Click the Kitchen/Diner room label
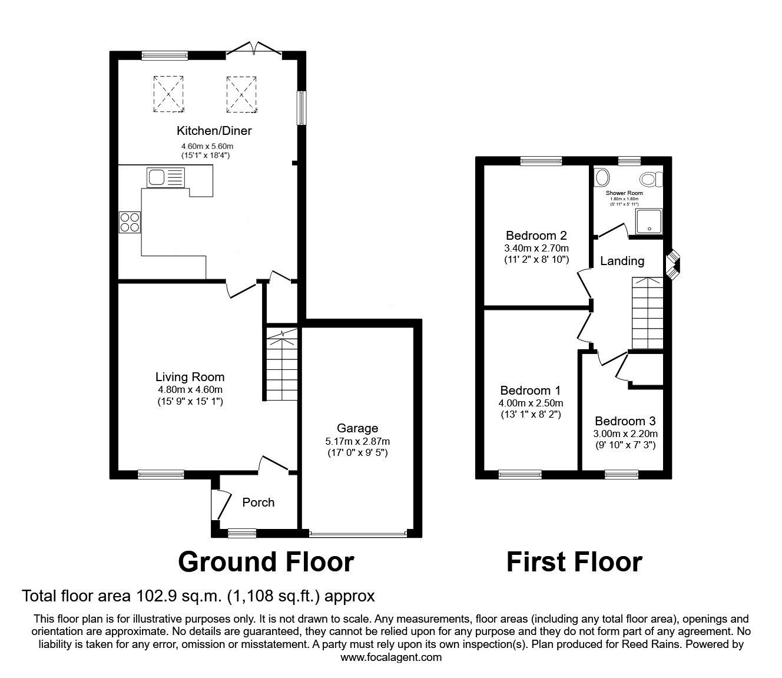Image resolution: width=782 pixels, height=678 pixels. (x=214, y=131)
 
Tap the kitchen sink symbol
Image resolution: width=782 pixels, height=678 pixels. (x=165, y=177)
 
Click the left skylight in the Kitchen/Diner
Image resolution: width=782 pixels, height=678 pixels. (x=168, y=94)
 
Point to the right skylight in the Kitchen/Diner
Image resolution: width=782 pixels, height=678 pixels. (x=240, y=94)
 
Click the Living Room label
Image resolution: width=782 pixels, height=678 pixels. (x=190, y=377)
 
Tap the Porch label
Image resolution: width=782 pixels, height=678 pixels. (x=258, y=502)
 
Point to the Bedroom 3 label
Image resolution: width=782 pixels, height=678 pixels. (x=625, y=421)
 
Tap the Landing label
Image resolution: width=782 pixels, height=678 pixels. (x=622, y=261)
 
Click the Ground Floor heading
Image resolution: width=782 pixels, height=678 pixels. (x=266, y=562)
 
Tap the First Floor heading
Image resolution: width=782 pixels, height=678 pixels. (x=574, y=562)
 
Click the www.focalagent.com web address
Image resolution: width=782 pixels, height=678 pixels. (x=391, y=657)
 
